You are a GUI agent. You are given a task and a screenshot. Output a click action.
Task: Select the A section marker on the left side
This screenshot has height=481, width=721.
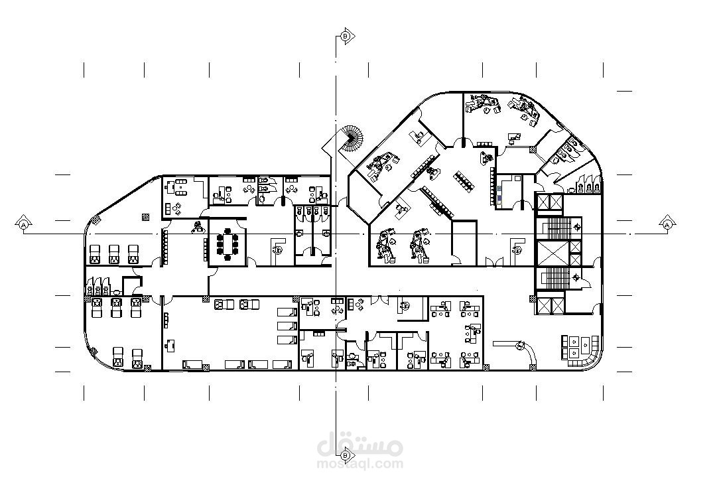[23, 224]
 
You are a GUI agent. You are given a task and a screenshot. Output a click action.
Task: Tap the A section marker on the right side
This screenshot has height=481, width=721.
[668, 224]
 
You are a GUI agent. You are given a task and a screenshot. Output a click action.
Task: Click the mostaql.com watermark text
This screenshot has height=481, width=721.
[360, 464]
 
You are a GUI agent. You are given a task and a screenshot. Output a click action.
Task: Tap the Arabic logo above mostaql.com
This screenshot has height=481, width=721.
[360, 444]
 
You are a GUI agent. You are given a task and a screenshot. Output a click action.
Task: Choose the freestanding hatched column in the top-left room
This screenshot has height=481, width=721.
[146, 216]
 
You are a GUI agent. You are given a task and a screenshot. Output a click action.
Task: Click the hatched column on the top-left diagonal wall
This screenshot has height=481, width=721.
[96, 220]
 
